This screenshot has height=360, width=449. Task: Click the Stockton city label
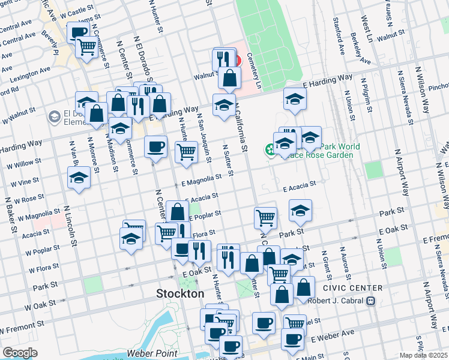[180, 294]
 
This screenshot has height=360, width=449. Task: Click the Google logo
[20, 352]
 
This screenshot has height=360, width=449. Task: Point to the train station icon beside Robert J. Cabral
[372, 301]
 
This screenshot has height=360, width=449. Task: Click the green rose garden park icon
[270, 149]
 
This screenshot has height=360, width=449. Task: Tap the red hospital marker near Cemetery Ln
[237, 60]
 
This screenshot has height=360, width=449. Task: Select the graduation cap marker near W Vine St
[79, 178]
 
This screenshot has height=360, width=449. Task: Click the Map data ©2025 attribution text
[423, 355]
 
